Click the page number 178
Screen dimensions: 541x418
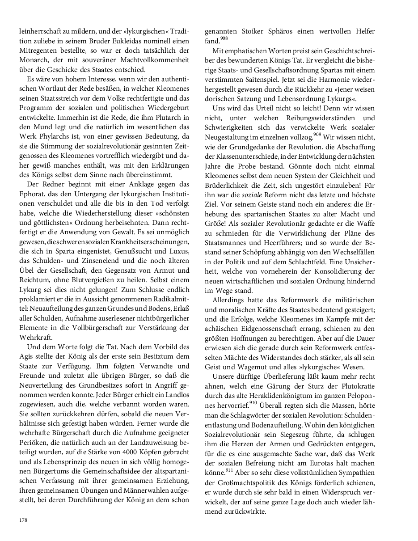[23, 520]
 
